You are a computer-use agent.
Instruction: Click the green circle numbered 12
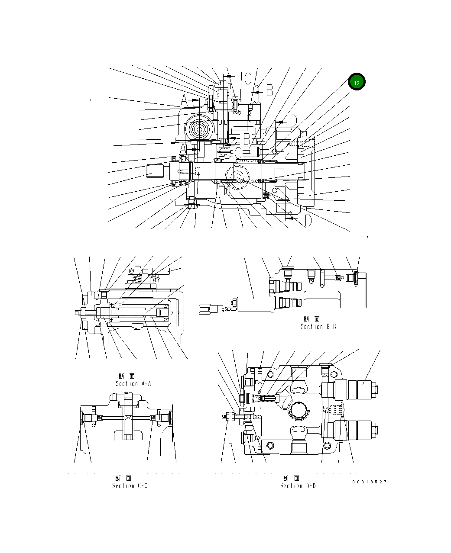tap(357, 82)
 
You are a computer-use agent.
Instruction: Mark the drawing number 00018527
tap(369, 482)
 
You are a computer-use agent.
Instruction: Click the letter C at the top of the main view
tap(247, 78)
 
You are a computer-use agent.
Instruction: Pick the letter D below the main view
tap(308, 221)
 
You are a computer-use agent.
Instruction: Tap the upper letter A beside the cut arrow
tap(184, 101)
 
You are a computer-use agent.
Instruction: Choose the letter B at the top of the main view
tap(269, 90)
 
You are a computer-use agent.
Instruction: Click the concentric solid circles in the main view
tap(200, 129)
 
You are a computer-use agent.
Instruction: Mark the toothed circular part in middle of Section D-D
tap(300, 411)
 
